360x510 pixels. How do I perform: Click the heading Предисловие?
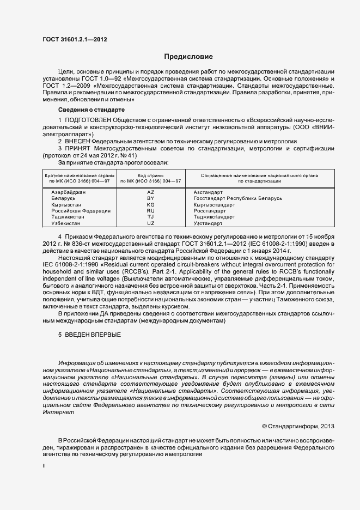coord(188,57)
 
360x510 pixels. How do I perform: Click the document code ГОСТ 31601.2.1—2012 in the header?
coord(72,40)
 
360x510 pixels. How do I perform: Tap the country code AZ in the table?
coord(151,192)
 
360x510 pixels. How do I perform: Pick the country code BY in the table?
coord(151,198)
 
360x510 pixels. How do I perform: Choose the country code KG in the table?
coord(151,204)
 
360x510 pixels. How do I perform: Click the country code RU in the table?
coord(151,211)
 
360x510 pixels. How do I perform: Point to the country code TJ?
coord(151,217)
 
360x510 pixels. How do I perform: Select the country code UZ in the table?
coord(151,223)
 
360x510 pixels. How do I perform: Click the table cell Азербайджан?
coord(69,192)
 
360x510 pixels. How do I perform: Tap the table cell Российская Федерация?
coord(81,211)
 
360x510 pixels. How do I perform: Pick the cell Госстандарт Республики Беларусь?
coord(237,198)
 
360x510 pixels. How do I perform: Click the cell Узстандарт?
coord(208,223)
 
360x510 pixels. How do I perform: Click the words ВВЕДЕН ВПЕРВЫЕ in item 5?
coord(93,334)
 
